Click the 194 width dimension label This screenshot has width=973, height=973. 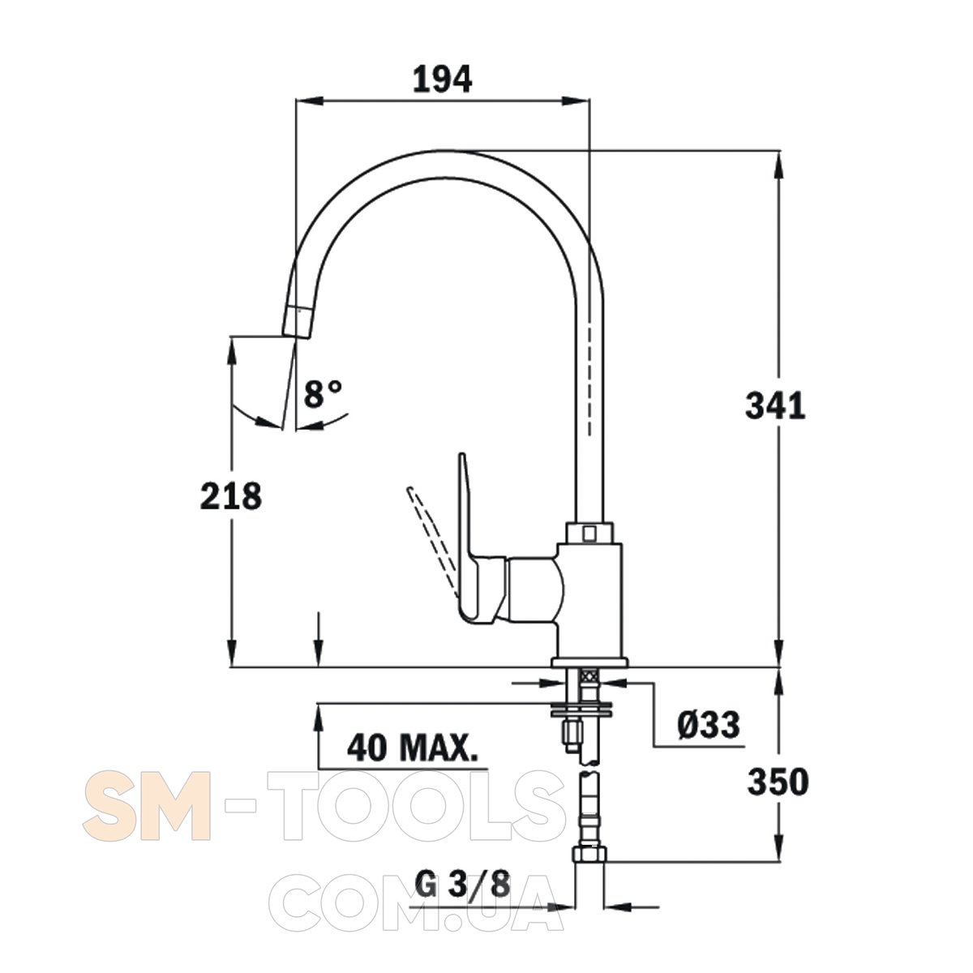tap(443, 79)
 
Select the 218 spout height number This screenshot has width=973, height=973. tap(231, 495)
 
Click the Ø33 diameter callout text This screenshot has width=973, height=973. tap(708, 725)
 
